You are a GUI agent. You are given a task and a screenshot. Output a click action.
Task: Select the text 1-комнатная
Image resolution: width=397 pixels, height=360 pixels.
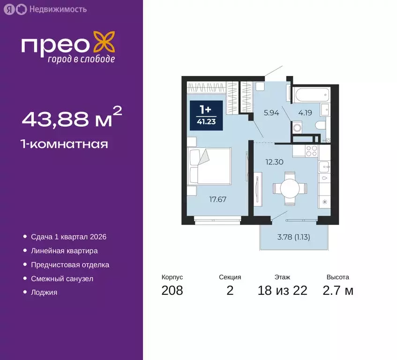[x=65, y=144]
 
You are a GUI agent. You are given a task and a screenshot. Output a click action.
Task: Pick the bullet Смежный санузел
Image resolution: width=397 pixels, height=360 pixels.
[x=62, y=278]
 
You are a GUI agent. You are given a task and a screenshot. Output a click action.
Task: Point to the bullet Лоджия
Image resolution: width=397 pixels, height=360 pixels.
[x=44, y=292]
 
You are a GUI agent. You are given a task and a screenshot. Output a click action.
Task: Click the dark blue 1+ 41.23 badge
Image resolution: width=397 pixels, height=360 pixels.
[x=205, y=114]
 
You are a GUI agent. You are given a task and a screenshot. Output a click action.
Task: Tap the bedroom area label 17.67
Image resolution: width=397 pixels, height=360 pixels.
[x=218, y=199]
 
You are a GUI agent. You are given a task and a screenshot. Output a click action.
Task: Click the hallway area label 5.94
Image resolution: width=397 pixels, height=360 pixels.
[x=271, y=112]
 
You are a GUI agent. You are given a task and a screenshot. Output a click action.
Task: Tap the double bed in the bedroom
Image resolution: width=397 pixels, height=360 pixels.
[x=210, y=166]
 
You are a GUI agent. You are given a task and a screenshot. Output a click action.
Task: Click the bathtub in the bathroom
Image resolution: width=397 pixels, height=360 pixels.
[x=310, y=95]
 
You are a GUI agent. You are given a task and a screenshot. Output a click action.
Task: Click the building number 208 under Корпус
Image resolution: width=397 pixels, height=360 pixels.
[x=172, y=291]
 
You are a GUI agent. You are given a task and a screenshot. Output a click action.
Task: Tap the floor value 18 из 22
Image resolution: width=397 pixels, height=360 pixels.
[x=282, y=291]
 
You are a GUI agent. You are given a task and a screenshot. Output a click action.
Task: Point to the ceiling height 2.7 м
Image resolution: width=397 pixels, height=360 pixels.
[x=337, y=291]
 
